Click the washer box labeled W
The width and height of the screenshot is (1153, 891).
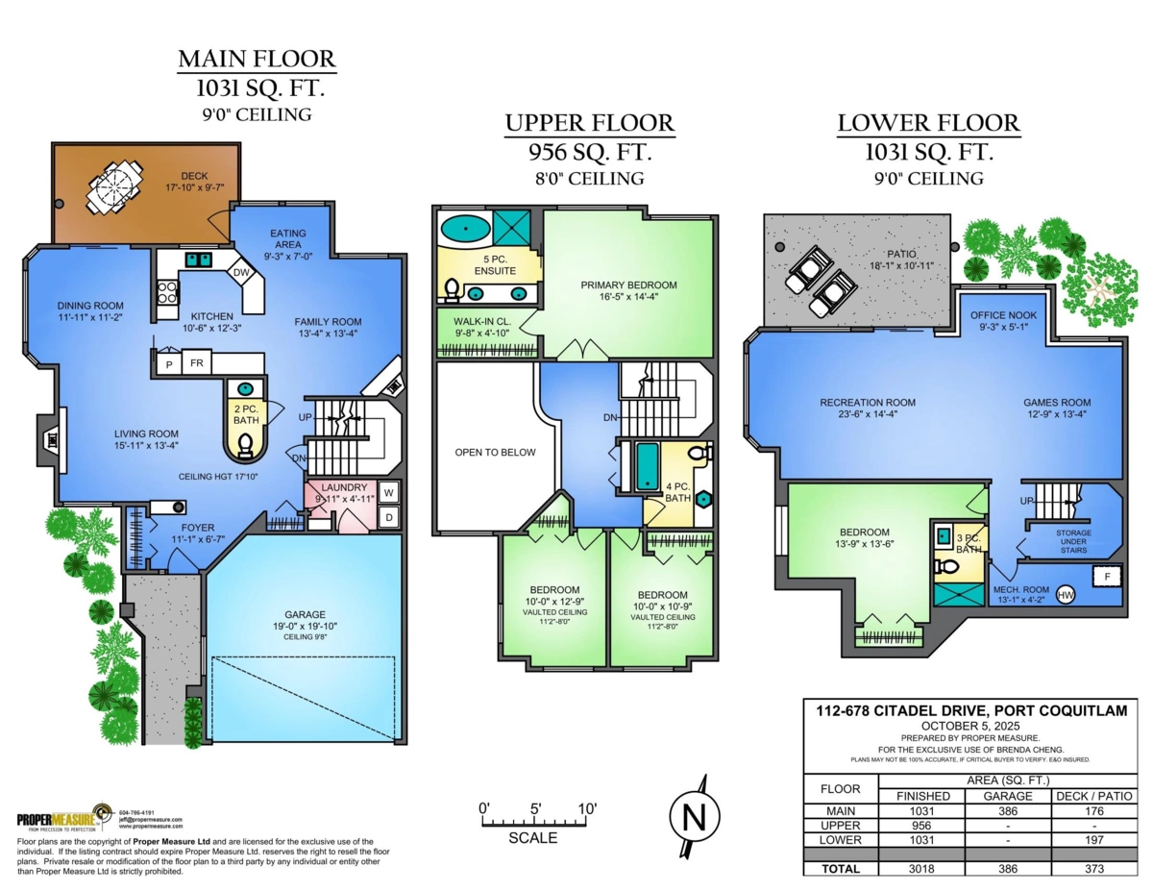389,492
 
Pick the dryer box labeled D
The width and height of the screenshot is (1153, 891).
389,517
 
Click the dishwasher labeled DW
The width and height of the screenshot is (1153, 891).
242,273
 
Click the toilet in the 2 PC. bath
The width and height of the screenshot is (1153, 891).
246,444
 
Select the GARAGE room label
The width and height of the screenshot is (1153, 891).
305,615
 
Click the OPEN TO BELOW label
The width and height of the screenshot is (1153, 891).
496,452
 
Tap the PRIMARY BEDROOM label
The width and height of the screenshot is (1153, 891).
628,285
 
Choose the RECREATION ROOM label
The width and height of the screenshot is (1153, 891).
867,403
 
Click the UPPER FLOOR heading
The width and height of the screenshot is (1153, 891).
590,123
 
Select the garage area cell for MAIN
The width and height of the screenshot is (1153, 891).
1008,811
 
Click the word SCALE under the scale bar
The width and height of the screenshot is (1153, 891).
532,838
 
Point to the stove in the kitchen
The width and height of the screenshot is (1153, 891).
166,290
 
